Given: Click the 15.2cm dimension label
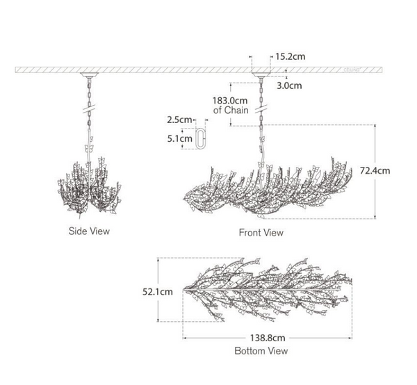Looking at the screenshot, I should (x=290, y=57).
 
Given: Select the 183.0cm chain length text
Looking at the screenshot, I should (x=229, y=100).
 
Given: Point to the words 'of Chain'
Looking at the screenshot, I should (x=229, y=110).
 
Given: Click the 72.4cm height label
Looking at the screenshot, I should (x=394, y=170).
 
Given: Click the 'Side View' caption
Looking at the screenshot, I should (x=90, y=231).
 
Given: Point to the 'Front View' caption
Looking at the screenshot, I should (x=261, y=233).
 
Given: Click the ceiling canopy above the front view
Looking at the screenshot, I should (x=261, y=74).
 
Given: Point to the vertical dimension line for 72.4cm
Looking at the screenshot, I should (x=376, y=170).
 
